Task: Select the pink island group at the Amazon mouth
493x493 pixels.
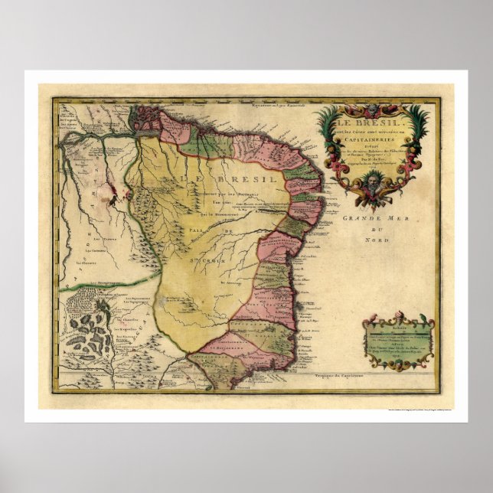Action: [142, 116]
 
